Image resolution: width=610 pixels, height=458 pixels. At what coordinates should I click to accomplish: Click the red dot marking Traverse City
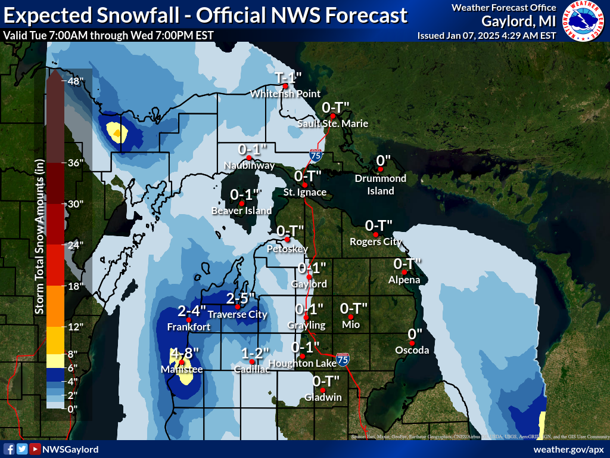click(238, 307)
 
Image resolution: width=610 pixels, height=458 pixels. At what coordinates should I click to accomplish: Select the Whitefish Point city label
click(285, 94)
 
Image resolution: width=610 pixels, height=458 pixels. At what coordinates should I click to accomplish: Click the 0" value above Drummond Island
click(383, 161)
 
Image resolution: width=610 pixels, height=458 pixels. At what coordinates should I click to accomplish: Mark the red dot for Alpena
click(404, 273)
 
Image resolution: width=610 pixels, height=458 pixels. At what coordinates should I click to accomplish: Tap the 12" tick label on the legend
click(76, 327)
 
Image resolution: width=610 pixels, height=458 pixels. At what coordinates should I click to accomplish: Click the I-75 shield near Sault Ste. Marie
click(316, 156)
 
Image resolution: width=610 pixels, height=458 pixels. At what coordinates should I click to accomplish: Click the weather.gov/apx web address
click(569, 449)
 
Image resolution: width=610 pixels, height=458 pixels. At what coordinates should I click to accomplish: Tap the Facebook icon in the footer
click(9, 449)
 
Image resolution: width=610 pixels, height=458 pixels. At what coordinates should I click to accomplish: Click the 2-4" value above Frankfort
click(192, 311)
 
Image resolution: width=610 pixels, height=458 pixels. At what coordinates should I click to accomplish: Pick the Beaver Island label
click(242, 211)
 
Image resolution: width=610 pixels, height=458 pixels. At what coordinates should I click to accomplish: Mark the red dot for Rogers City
click(375, 234)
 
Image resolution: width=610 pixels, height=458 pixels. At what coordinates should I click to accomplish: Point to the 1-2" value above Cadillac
click(256, 354)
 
